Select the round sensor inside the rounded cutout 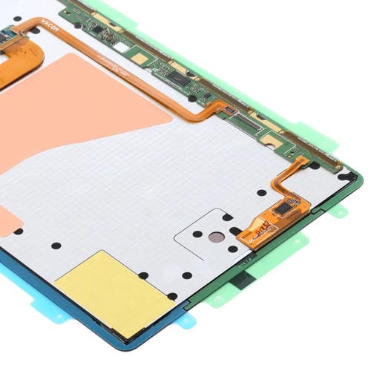click(214, 238)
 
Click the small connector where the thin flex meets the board click(231, 109)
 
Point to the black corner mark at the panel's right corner click(344, 177)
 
